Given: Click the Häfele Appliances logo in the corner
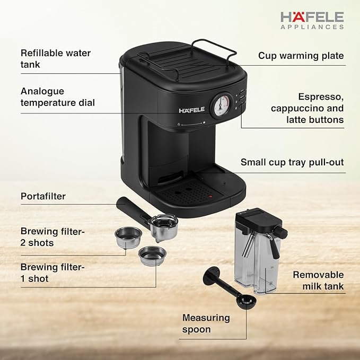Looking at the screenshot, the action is click(312, 20).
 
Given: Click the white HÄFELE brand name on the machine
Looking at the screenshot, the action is click(192, 110).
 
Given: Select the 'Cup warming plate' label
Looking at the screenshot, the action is click(301, 56).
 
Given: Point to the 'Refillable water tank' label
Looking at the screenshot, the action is click(56, 58).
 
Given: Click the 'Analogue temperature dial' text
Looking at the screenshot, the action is click(58, 96).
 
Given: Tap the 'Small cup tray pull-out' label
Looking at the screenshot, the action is click(292, 162).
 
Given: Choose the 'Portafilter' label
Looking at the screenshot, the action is click(43, 196).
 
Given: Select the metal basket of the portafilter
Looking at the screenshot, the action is click(164, 227).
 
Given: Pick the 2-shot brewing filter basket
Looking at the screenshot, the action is click(128, 238).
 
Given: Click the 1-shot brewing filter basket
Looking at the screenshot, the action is click(152, 256).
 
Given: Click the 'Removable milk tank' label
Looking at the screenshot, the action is click(318, 280).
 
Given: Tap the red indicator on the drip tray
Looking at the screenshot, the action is click(210, 197).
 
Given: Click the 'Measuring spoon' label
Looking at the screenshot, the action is click(206, 323).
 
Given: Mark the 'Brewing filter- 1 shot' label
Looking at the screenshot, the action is click(52, 273).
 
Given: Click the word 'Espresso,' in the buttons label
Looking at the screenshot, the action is click(321, 96).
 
